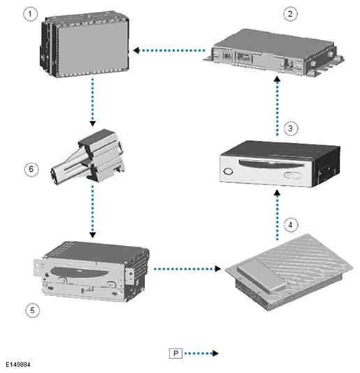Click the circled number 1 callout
point(30,14)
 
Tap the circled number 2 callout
point(290,14)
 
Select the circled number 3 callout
point(290,129)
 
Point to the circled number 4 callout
point(290,225)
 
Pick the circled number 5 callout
point(32,310)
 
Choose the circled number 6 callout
point(31,169)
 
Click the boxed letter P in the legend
point(176,353)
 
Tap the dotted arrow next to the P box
point(201,353)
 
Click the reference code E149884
point(18,365)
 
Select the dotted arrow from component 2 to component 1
point(170,50)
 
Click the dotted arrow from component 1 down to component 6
point(93,102)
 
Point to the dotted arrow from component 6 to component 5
point(93,211)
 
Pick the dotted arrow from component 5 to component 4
point(187,269)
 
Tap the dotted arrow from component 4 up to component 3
point(277,215)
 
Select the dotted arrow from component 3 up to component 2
point(277,106)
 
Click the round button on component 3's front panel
point(228,171)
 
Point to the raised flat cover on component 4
point(262,275)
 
